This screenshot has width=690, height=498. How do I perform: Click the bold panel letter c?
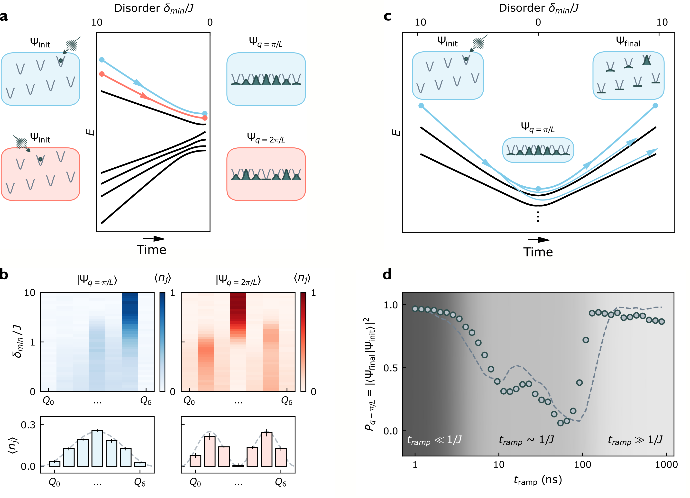[387, 16]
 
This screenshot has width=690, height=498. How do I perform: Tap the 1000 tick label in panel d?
[666, 465]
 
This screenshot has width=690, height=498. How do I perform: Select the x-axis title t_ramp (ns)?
[538, 480]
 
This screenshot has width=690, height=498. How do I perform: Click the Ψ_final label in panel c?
[628, 42]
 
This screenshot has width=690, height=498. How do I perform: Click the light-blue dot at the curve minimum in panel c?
[538, 189]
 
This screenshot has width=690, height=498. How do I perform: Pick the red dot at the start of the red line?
[102, 74]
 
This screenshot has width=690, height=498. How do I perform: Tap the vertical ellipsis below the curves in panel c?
[538, 217]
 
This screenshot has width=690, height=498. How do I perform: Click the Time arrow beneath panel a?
[154, 239]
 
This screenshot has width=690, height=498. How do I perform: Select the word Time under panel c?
[538, 252]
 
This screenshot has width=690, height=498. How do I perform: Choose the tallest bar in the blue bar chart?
[97, 448]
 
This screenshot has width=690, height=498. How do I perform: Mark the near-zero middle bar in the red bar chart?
[238, 465]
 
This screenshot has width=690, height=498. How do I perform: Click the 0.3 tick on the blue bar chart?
[28, 425]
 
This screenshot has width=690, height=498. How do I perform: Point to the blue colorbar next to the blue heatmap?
[163, 342]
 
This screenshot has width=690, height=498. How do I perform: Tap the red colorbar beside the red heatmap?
[303, 342]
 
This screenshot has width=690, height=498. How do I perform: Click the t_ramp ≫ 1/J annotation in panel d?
[635, 440]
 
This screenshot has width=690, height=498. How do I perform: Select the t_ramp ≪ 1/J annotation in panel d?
[434, 440]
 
